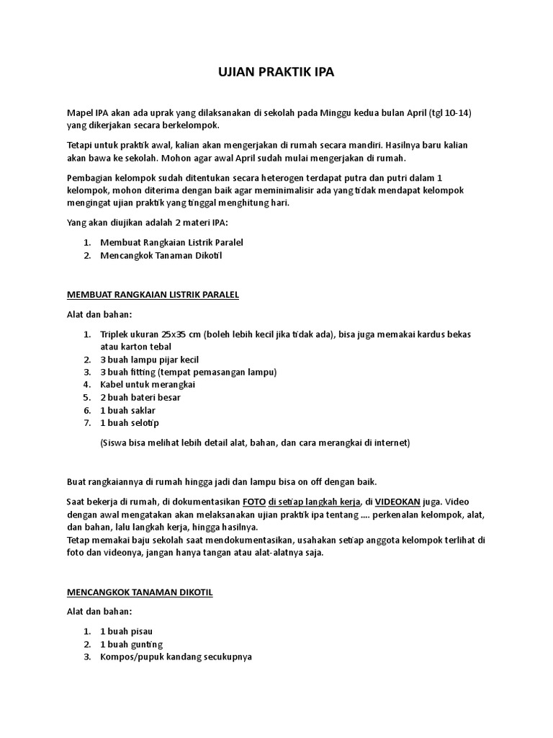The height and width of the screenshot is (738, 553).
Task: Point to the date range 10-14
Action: [459, 113]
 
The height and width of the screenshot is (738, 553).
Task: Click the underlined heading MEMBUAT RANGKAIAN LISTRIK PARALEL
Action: [153, 295]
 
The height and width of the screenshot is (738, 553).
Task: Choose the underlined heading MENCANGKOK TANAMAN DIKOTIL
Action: [140, 592]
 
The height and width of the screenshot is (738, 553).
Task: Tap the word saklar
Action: [141, 410]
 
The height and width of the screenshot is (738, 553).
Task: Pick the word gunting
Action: [145, 644]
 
